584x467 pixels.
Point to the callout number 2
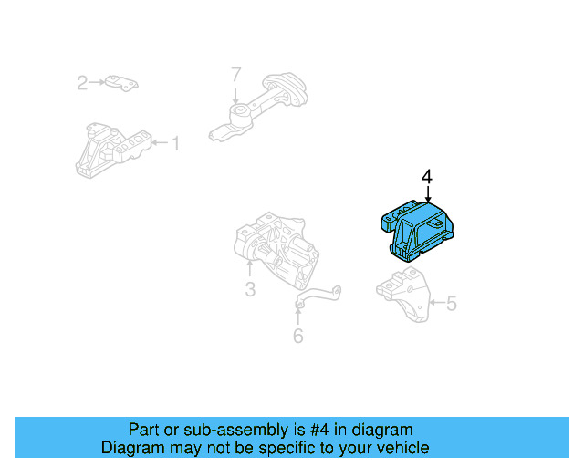[81, 84]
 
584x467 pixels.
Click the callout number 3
[249, 290]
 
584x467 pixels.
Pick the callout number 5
[450, 303]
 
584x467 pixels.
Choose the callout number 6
[297, 336]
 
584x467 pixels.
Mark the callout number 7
[235, 74]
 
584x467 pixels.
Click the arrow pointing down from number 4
[427, 193]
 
